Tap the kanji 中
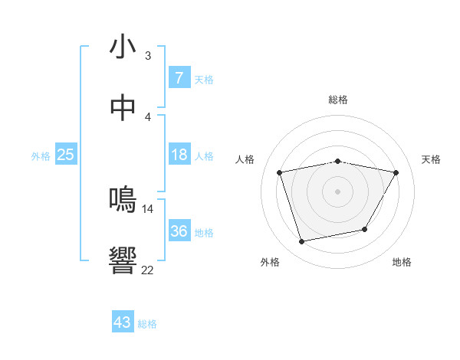[x=123, y=109]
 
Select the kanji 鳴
[x=123, y=200]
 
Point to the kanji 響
[x=123, y=260]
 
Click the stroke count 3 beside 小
[x=148, y=55]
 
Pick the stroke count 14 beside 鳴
[x=148, y=208]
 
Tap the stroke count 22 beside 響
[x=148, y=269]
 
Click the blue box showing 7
[x=179, y=77]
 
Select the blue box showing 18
[x=179, y=155]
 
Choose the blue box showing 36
[x=179, y=231]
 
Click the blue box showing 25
[x=65, y=155]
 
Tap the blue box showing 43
[x=122, y=322]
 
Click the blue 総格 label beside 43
[x=147, y=324]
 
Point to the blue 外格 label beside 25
[x=41, y=156]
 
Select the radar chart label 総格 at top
[x=337, y=100]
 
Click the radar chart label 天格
[x=431, y=159]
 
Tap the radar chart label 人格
[x=245, y=159]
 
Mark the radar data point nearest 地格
[x=365, y=229]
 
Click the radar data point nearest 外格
[x=302, y=242]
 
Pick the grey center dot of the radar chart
[x=337, y=191]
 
